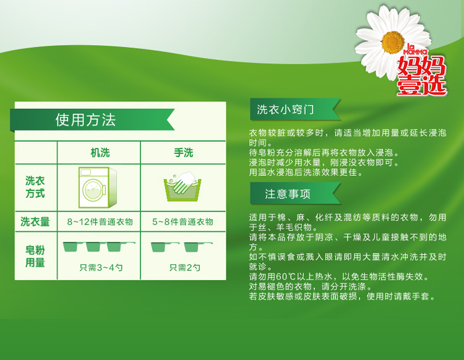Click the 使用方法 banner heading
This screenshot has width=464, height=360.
point(86,120)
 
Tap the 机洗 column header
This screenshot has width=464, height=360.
point(100,153)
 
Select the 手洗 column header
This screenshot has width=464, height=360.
point(184,153)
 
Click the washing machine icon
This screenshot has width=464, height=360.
point(98,187)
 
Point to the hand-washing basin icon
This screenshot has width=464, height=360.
point(183,187)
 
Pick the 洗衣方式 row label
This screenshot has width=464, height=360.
point(35,187)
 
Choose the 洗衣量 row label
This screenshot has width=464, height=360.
point(35,221)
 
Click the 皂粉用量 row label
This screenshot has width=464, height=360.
point(35,256)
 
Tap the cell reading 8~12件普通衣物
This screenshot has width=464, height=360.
point(100,221)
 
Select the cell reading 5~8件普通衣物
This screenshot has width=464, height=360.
point(183,221)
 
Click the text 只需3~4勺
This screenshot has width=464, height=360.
point(101,267)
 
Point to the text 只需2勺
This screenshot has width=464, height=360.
point(184,267)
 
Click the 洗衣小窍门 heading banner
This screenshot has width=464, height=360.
point(295,109)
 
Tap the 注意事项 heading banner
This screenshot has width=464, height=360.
point(295,194)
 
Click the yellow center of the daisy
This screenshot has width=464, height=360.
point(393,42)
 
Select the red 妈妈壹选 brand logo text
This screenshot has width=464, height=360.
point(422,75)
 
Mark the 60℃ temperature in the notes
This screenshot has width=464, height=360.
point(286,276)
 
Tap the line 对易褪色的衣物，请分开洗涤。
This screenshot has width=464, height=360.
point(311,286)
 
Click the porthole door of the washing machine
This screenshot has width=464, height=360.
point(94,190)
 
